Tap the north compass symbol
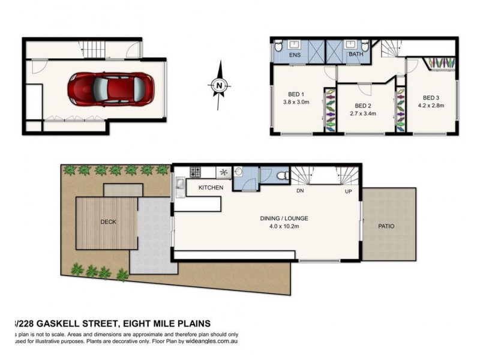click(x=220, y=85)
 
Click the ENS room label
click(x=295, y=56)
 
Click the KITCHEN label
click(x=211, y=188)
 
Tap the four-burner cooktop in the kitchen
click(x=196, y=172)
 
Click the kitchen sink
click(x=179, y=187)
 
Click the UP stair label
click(x=348, y=191)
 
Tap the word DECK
click(x=109, y=222)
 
